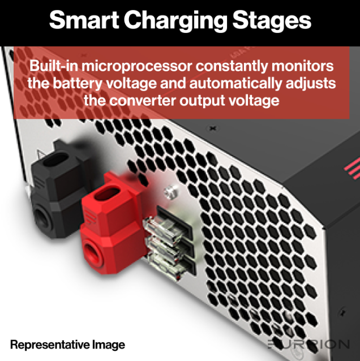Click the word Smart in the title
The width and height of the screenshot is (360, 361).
84,20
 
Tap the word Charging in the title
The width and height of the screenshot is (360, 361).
175,21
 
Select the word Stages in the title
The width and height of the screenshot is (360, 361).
272,21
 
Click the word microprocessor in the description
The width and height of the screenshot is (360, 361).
136,67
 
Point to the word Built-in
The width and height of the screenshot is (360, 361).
54,66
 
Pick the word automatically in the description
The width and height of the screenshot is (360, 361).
236,84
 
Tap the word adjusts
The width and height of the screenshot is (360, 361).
311,84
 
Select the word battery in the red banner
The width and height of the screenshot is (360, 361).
78,84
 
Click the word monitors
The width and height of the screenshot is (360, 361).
302,66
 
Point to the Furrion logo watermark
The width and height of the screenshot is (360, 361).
308,345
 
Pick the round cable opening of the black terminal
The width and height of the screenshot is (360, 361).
42,216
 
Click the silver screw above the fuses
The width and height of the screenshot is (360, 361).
172,192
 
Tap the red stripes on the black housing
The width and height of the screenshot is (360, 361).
353,168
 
